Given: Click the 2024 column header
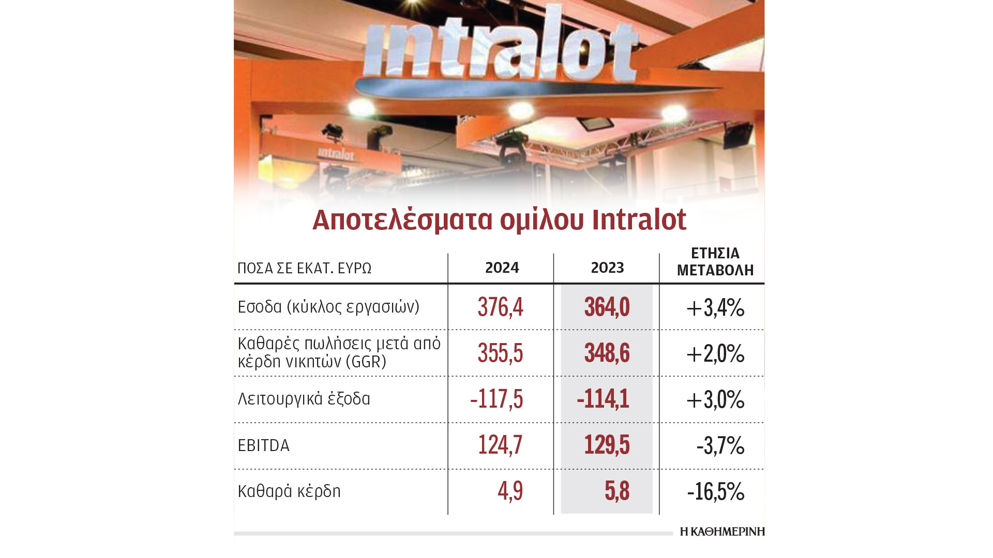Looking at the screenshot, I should (x=502, y=268).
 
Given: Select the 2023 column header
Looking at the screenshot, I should (x=607, y=268).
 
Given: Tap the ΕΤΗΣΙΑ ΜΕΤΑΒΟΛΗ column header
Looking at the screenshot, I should (x=715, y=261).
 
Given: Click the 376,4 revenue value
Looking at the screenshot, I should (x=500, y=307).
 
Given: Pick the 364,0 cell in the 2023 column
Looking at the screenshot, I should (x=607, y=307).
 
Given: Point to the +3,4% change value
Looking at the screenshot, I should (x=715, y=308).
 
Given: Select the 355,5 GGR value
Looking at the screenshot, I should (x=500, y=353).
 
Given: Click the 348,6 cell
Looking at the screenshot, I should (x=607, y=353).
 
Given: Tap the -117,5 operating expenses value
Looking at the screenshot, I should (x=496, y=399).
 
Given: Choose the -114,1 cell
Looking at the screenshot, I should (x=603, y=399).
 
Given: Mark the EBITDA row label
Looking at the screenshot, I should (x=263, y=445).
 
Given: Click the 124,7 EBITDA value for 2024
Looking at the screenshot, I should (x=500, y=445).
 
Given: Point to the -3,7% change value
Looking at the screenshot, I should (x=720, y=446).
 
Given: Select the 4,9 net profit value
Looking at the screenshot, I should (x=510, y=491).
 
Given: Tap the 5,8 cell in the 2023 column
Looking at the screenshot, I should (x=616, y=491).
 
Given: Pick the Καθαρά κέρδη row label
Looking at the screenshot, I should (x=289, y=491).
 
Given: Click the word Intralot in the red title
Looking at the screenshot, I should (x=639, y=220).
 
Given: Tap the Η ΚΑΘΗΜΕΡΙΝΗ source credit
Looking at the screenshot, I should (x=722, y=532).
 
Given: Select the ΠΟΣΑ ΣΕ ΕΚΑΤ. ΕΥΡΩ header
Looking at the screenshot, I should (x=304, y=268).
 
